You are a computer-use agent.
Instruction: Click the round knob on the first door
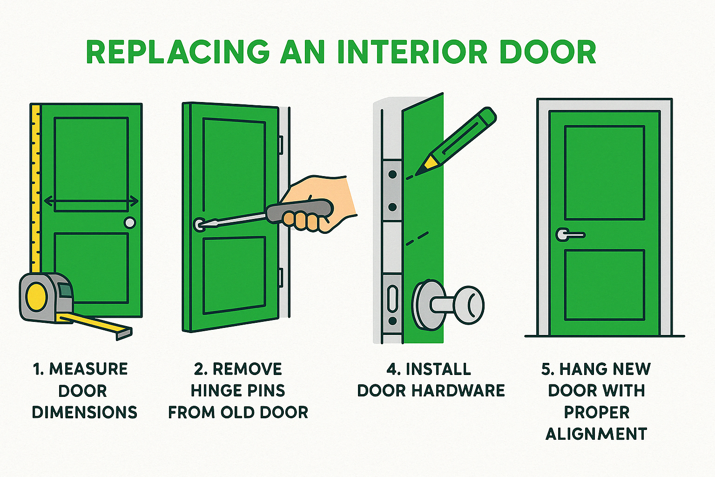130,223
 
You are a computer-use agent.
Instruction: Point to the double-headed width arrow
91,201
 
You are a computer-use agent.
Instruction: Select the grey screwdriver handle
299,211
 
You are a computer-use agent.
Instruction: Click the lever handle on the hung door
570,235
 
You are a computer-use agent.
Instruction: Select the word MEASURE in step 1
88,369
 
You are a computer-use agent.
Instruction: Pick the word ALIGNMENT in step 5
596,434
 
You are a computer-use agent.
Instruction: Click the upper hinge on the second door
281,145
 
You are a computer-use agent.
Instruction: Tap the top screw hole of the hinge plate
392,174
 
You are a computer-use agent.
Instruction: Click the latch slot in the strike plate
392,299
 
